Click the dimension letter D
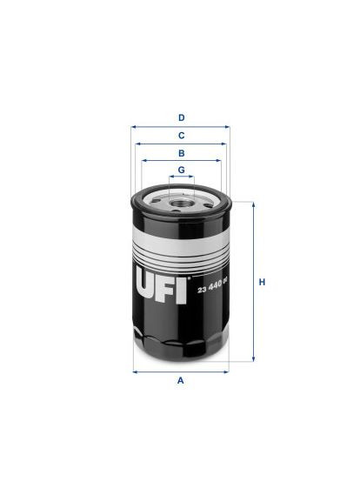coord(181,117)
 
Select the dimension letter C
coord(181,135)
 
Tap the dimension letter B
coord(181,152)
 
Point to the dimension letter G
coord(181,169)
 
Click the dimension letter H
coord(261,282)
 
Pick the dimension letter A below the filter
coord(180,381)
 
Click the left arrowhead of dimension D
coord(134,126)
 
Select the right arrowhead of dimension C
coord(225,144)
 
